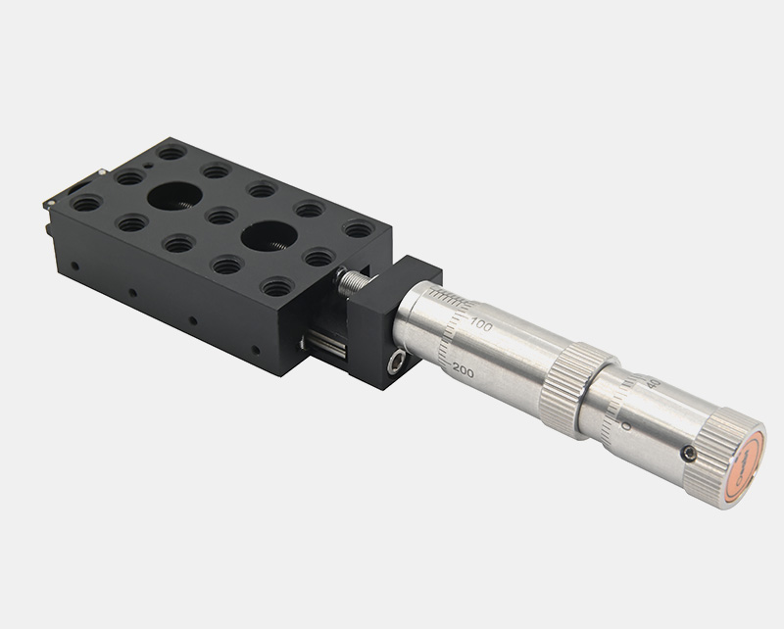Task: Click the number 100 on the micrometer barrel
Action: pos(481,322)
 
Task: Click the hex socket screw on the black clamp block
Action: pos(394,363)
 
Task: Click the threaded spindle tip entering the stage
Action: pos(351,281)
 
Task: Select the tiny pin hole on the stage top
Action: pos(146,167)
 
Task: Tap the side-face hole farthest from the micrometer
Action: pos(74,266)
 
